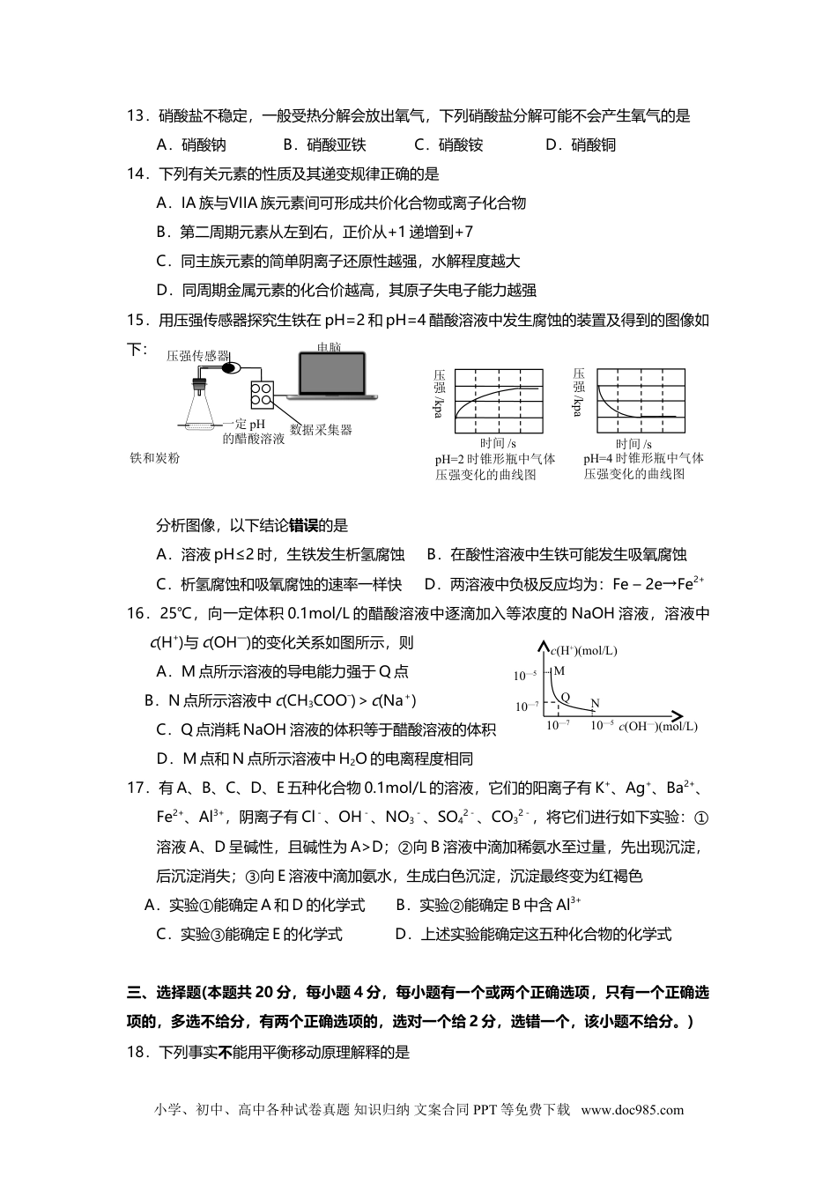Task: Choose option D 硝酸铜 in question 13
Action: point(581,145)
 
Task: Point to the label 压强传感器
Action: point(197,357)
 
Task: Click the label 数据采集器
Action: point(321,430)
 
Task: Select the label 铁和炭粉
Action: point(155,458)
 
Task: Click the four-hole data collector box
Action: point(262,396)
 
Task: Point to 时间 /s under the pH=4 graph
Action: point(633,444)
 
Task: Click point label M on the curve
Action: point(559,671)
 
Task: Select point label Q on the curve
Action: point(565,697)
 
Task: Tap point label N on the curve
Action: point(595,704)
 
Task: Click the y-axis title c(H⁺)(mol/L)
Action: point(583,651)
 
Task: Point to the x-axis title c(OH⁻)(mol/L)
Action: point(657,727)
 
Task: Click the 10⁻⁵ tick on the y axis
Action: point(525,676)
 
